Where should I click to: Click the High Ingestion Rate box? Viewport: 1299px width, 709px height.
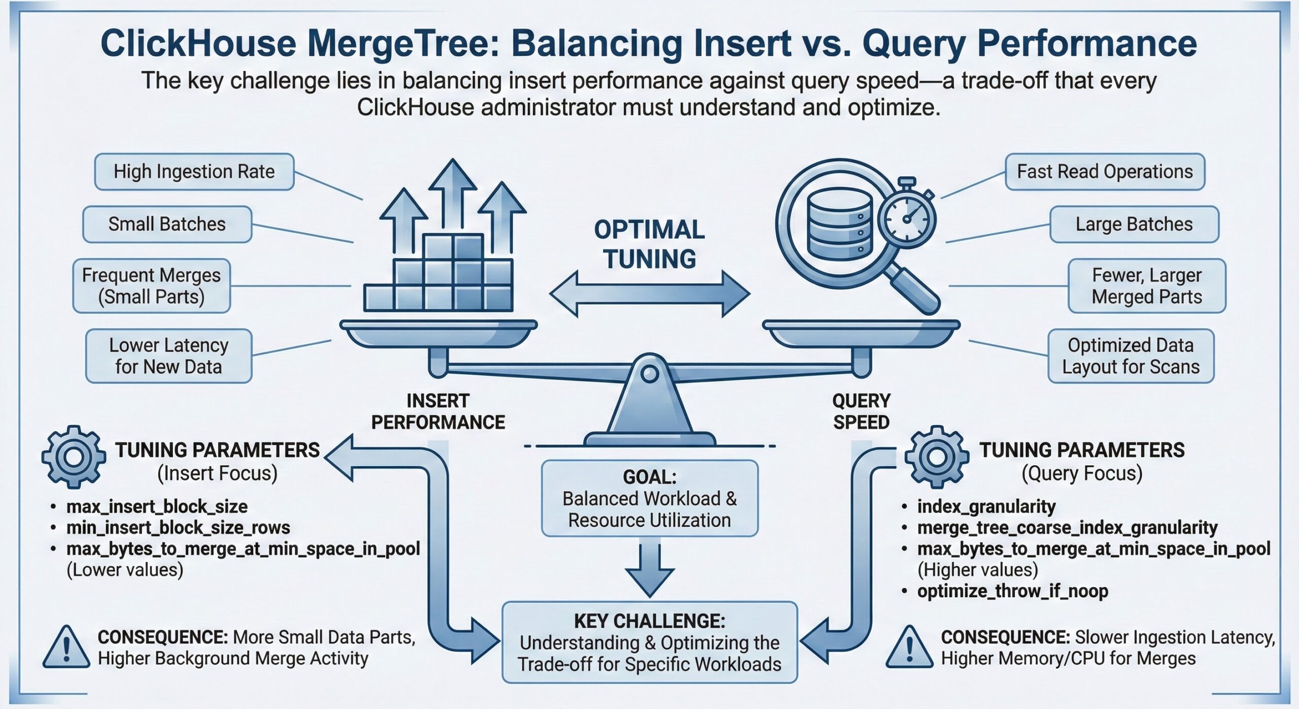coord(194,172)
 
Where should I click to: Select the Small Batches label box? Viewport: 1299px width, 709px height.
coord(167,224)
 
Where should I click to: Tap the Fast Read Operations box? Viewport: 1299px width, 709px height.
coord(1105,172)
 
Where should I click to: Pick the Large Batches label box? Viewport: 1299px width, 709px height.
coord(1134,224)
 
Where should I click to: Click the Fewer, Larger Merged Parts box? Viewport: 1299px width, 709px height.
coord(1146,286)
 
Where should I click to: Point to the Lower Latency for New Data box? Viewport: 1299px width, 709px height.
coord(168,356)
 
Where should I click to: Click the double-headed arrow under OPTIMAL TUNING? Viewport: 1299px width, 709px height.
coord(649,294)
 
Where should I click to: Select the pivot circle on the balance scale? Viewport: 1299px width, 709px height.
coord(649,374)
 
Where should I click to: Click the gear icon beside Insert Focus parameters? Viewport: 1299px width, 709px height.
coord(74,457)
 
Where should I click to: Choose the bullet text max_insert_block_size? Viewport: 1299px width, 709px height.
coord(157,506)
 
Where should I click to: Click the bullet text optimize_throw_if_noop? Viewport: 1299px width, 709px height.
coord(1012,591)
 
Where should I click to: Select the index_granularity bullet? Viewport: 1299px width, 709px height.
coord(986,506)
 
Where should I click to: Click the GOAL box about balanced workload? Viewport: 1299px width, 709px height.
coord(649,498)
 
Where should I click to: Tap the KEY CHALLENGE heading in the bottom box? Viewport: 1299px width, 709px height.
coord(649,621)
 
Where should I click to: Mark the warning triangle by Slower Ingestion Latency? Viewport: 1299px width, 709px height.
coord(909,648)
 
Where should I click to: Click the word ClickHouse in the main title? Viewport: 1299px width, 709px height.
coord(198,44)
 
